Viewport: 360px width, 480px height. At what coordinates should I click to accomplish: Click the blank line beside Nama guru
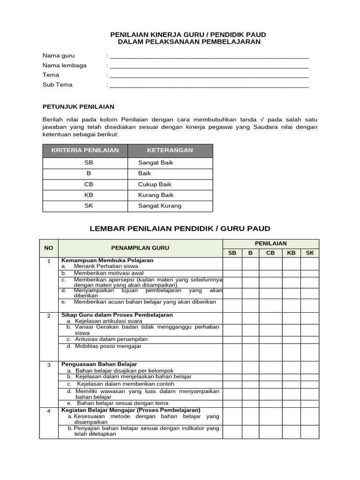(x=209, y=56)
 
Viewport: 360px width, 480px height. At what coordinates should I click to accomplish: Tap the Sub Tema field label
(x=58, y=85)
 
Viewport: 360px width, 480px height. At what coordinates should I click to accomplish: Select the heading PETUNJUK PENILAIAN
(x=78, y=107)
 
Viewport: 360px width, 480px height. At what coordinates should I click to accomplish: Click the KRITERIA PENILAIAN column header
(x=85, y=150)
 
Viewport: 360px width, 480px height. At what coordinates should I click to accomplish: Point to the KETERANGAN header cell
(x=170, y=150)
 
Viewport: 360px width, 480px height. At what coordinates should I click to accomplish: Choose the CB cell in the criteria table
(x=89, y=184)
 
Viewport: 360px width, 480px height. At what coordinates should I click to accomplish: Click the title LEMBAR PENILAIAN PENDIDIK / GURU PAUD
(x=180, y=229)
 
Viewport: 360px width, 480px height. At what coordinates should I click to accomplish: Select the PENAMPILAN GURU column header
(x=140, y=248)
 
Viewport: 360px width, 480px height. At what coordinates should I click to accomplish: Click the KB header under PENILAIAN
(x=291, y=253)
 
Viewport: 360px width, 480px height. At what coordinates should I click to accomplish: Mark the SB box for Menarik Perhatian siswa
(x=232, y=265)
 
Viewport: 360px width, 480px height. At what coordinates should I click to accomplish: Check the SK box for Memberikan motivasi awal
(x=309, y=273)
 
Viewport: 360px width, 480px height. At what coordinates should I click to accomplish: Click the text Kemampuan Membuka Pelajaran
(x=107, y=260)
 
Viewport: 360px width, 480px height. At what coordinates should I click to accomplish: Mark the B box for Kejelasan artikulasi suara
(x=250, y=321)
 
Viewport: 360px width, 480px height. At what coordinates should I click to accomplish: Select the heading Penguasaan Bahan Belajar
(x=99, y=364)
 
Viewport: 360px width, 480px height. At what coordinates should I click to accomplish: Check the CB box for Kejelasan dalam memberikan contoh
(x=270, y=384)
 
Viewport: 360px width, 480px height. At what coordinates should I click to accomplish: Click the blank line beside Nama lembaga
(x=209, y=66)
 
